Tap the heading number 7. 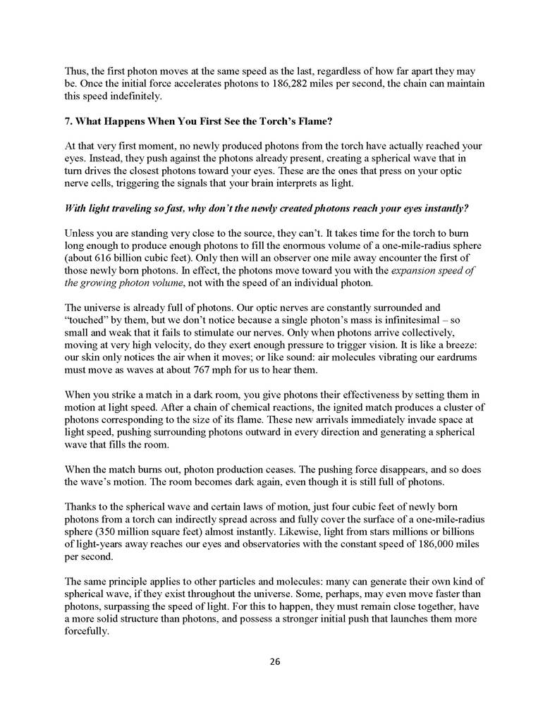(x=68, y=121)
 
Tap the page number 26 (x=275, y=661)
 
